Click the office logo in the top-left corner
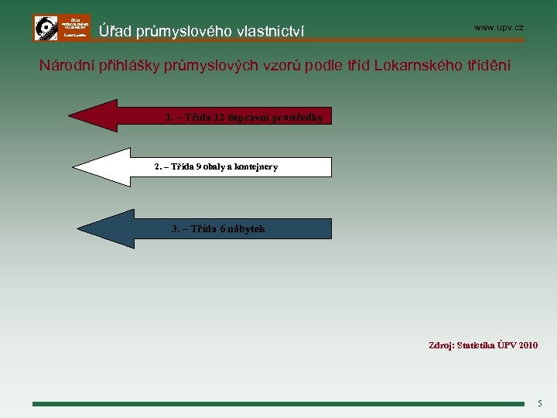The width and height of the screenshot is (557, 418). (62, 28)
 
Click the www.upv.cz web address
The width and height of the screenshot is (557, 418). (498, 27)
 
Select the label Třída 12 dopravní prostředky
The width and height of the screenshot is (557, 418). (244, 118)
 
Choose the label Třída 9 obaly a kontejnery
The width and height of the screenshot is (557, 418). (216, 166)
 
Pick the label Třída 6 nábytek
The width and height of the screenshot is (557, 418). (217, 228)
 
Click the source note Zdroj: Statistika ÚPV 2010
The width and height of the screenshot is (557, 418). (483, 345)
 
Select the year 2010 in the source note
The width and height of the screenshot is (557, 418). (528, 345)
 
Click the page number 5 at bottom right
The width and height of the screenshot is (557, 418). (540, 403)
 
